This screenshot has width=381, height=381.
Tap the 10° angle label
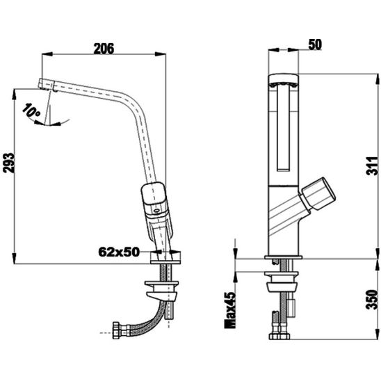[30, 111]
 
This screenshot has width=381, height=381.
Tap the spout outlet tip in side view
[44, 85]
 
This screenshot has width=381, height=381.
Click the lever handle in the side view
[154, 200]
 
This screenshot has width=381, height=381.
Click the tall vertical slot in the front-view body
[284, 129]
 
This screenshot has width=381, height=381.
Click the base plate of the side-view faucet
[168, 258]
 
